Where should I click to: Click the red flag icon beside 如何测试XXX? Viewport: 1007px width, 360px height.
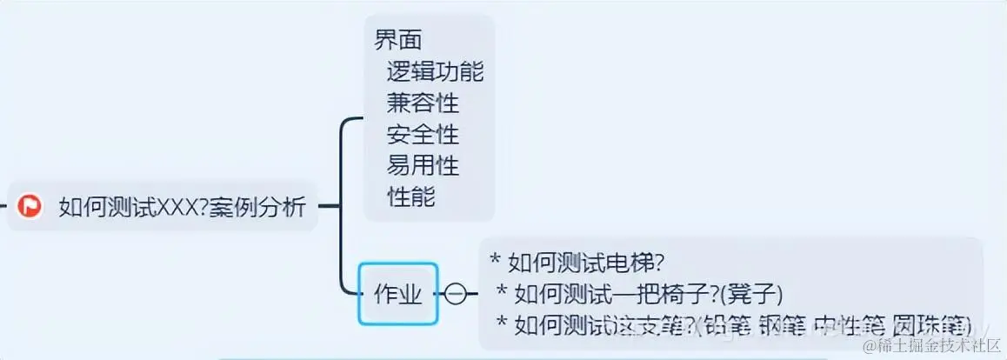31,206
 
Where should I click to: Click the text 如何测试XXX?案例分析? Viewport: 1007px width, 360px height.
182,208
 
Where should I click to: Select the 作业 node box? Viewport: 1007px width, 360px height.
398,294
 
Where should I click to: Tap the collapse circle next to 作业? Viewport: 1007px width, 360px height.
456,294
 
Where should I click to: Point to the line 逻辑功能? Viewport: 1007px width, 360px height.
435,72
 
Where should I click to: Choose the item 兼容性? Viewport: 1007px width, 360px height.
423,103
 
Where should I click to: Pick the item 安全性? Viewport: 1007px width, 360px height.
423,134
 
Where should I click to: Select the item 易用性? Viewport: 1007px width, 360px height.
423,164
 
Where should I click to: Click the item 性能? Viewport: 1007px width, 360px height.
410,196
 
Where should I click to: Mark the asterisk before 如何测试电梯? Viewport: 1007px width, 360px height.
497,261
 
